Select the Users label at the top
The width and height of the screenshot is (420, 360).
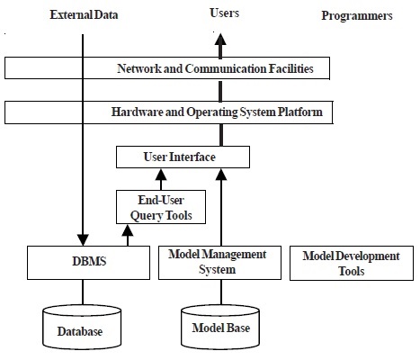[224, 14]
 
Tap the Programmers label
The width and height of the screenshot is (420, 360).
[357, 16]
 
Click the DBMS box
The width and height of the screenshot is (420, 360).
[81, 262]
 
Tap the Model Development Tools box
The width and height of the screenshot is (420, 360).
[351, 263]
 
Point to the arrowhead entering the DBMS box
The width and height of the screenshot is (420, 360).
[83, 240]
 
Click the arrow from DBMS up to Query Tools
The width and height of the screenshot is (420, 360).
[130, 236]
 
